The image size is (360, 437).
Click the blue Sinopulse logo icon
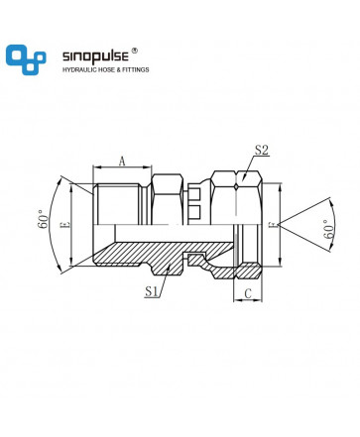pyautogui.click(x=26, y=59)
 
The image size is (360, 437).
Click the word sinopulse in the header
pyautogui.click(x=95, y=56)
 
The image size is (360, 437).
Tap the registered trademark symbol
pyautogui.click(x=134, y=51)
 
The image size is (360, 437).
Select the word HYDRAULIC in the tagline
pyautogui.click(x=77, y=70)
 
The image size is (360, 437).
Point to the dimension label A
pyautogui.click(x=122, y=162)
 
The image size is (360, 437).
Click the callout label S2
pyautogui.click(x=261, y=150)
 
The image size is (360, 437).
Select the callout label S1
pyautogui.click(x=151, y=291)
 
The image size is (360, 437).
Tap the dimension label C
pyautogui.click(x=248, y=293)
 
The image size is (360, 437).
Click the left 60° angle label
pyautogui.click(x=43, y=219)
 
